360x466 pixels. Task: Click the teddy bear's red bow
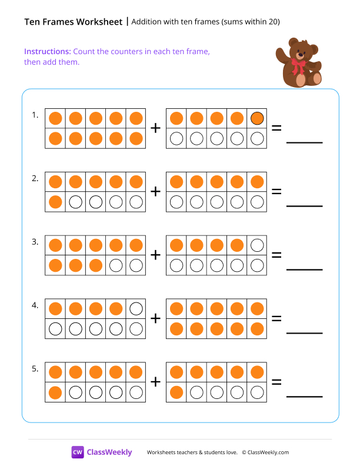coord(300,65)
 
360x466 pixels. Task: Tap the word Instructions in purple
coord(48,51)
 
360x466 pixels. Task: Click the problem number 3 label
coord(35,242)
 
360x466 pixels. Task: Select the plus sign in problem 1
coord(156,128)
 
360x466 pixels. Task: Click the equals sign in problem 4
coord(276,318)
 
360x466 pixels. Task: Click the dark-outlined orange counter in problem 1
coord(257,118)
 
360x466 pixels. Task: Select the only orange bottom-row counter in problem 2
coord(55,202)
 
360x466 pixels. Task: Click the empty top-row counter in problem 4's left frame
coord(136,308)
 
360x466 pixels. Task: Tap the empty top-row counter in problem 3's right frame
coord(257,245)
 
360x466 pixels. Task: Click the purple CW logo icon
coord(78,452)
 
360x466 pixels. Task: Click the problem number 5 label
coord(35,369)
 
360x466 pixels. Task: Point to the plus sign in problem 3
coord(156,255)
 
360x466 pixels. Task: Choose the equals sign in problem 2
coord(276,191)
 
